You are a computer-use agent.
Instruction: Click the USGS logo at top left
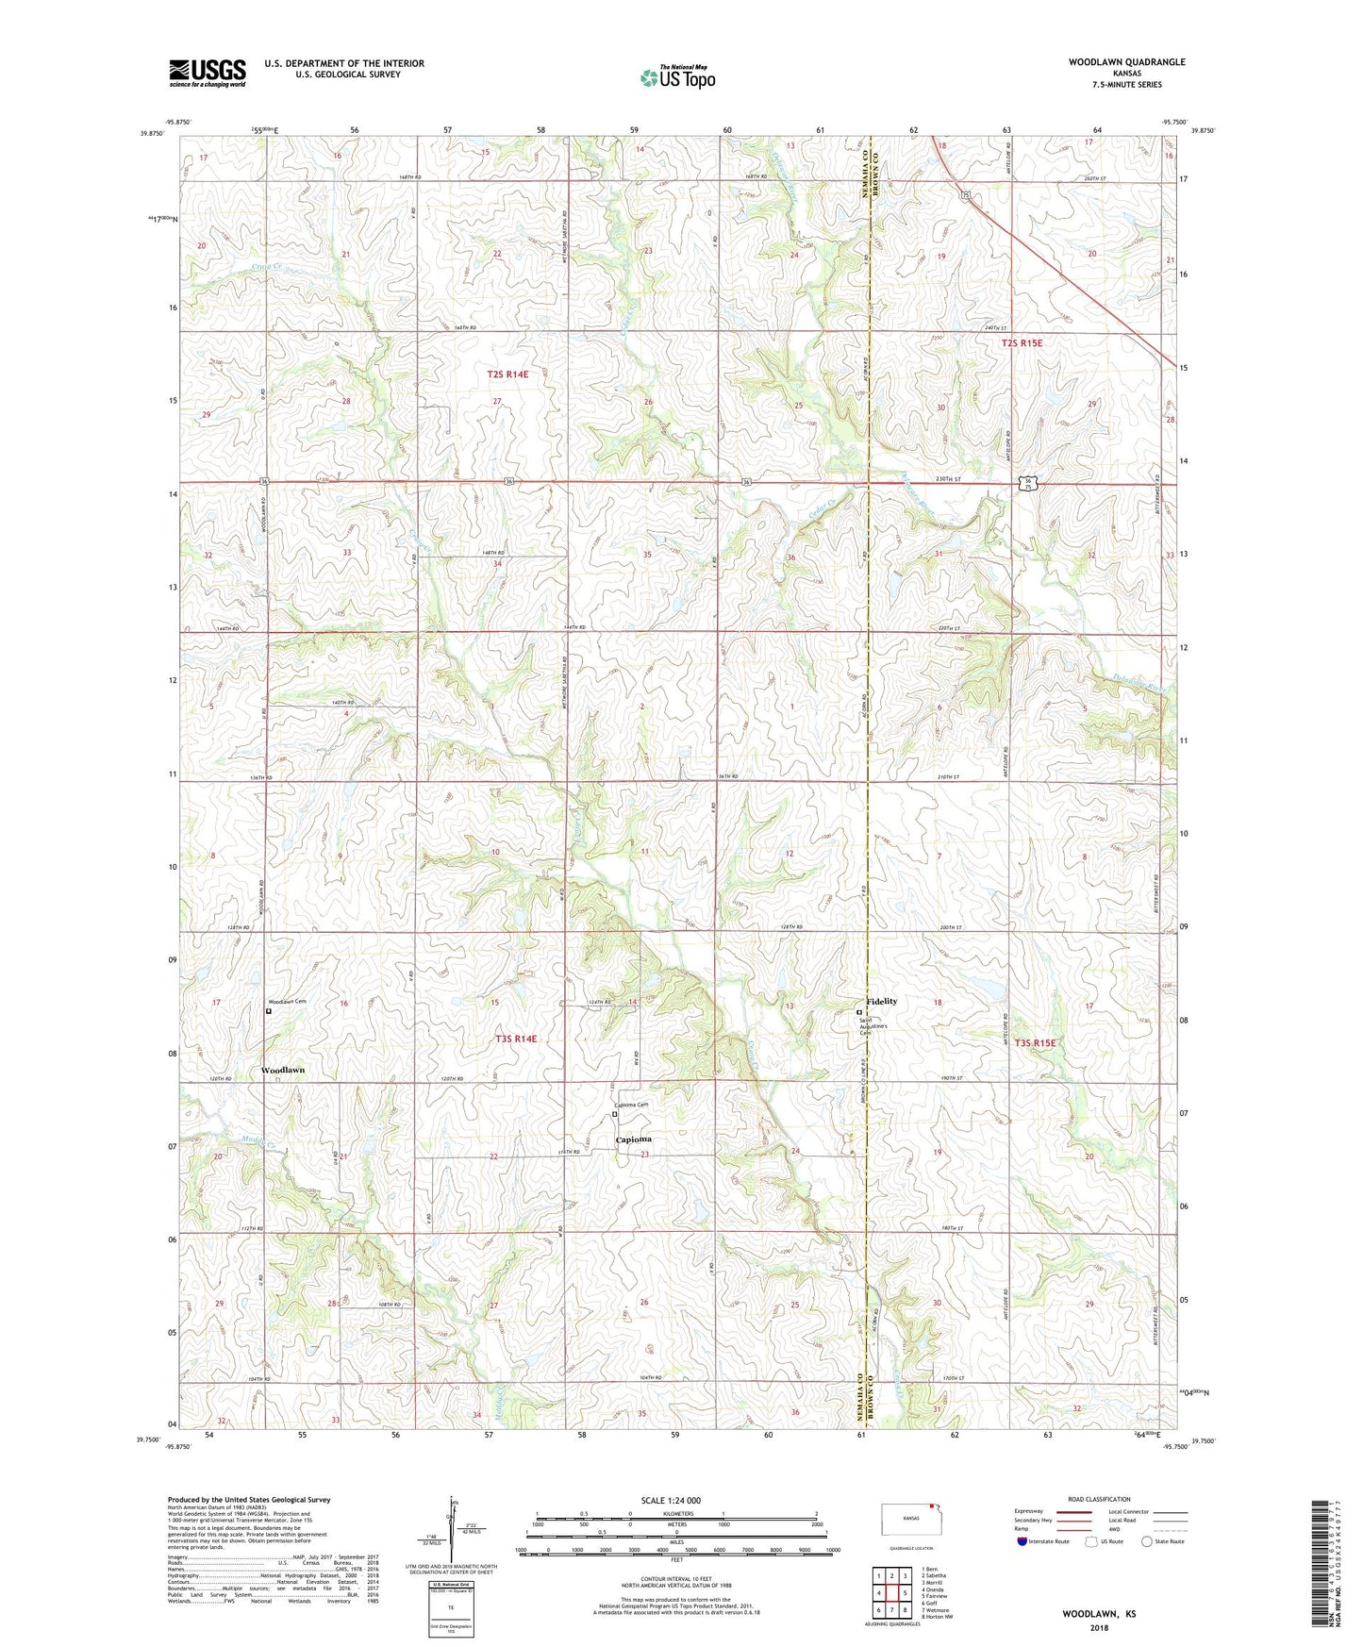208,73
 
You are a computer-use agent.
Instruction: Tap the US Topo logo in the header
677,77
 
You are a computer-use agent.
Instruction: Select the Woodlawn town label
283,1071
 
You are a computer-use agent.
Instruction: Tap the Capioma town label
634,1140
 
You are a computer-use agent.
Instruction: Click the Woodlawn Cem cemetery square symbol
269,1010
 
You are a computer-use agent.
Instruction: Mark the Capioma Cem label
632,1106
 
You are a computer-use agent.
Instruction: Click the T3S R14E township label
516,1039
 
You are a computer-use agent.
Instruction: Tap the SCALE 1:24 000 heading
671,1500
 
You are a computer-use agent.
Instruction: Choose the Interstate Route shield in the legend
1022,1541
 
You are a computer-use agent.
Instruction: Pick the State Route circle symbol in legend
1147,1541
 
